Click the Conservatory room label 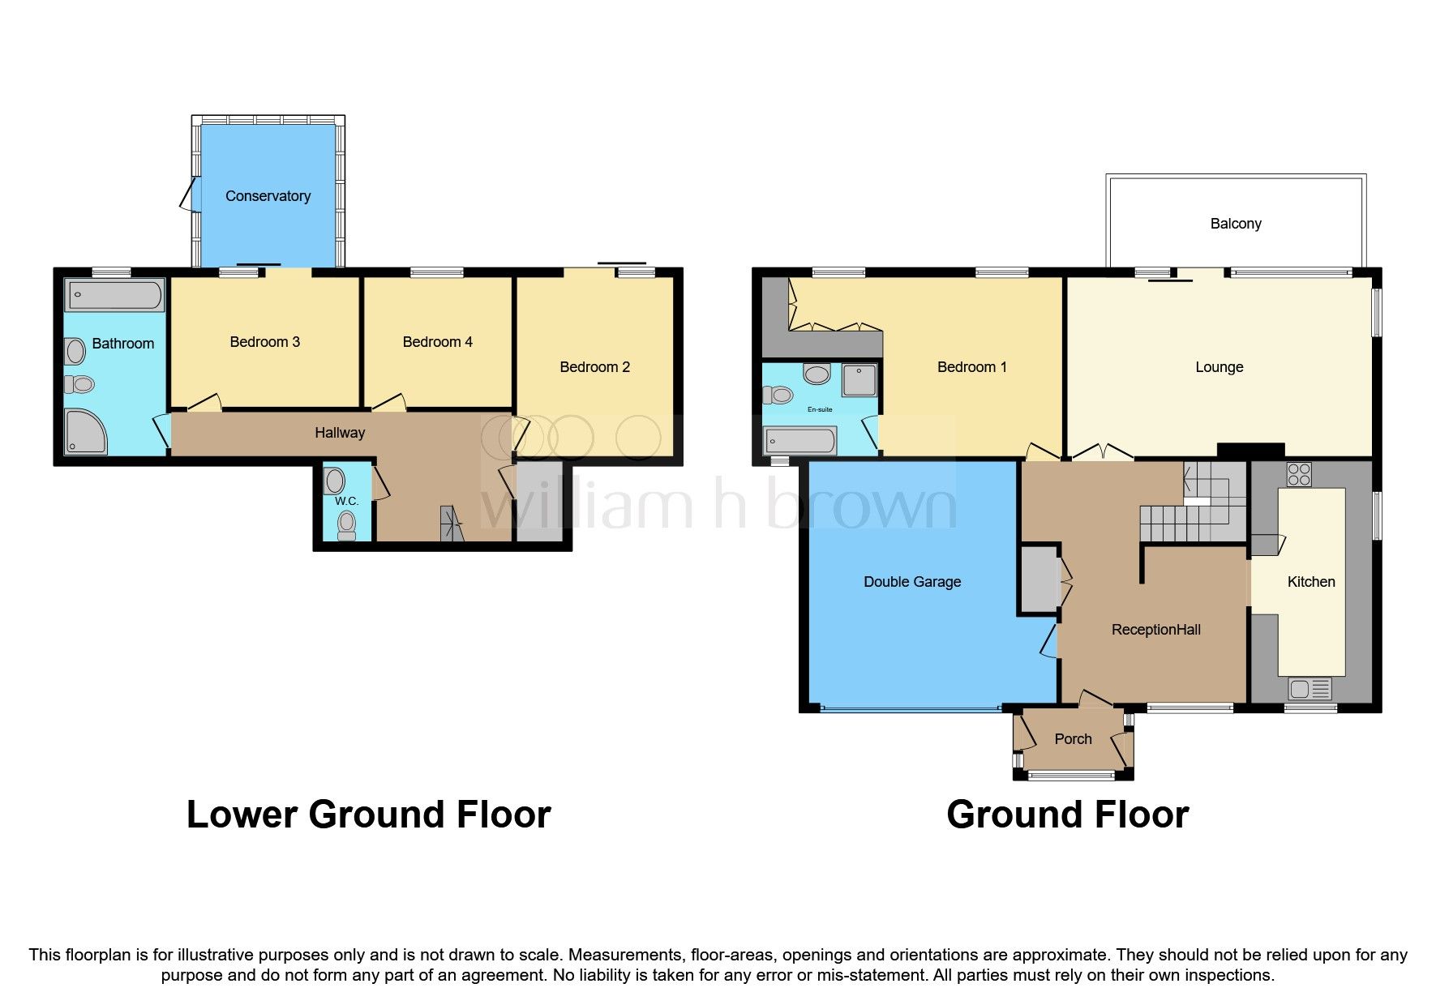268,196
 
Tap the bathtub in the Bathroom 114,296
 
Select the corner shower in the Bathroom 84,431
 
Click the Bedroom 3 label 264,342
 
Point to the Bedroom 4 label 437,342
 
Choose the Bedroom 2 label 594,367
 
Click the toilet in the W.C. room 347,524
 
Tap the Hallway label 340,433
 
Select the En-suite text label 820,409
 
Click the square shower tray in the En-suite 859,380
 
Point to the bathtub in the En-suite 800,442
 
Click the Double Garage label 912,582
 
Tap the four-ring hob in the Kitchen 1299,474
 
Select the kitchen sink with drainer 1310,690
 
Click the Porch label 1073,739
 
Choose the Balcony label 1236,224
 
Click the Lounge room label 1219,367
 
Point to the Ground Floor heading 1067,815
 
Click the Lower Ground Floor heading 369,815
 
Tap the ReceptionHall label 1155,630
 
